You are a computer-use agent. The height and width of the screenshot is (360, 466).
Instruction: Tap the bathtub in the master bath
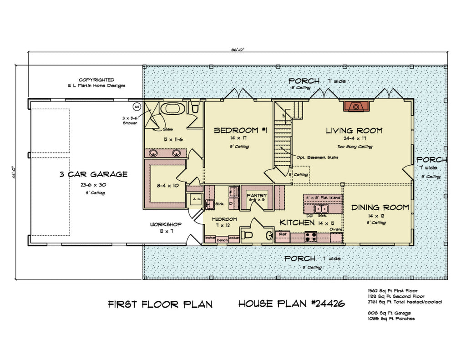coord(173,109)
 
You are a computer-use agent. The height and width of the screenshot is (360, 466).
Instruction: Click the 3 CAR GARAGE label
coord(93,174)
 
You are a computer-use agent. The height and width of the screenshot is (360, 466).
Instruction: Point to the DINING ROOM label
coord(380,208)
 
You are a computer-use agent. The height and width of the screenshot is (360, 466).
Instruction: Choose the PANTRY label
coord(256,196)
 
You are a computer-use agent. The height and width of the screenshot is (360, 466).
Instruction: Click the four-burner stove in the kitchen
coord(311,236)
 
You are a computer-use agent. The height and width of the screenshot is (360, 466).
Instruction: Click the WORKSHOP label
coord(166,225)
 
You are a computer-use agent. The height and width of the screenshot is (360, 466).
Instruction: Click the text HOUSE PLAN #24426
coord(291,304)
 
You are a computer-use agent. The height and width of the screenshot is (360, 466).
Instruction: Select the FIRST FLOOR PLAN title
coord(160,304)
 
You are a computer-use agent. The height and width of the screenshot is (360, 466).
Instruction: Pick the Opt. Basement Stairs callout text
coord(317,157)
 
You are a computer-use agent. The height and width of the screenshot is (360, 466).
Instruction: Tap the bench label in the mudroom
coord(222,239)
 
